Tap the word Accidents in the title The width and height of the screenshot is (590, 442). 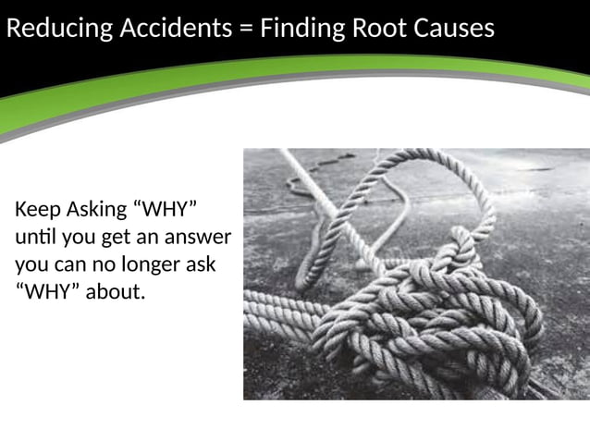pyautogui.click(x=175, y=30)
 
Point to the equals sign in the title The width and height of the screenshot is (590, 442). pyautogui.click(x=245, y=30)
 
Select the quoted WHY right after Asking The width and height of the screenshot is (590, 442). pyautogui.click(x=166, y=210)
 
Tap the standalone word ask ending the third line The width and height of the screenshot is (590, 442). pyautogui.click(x=202, y=264)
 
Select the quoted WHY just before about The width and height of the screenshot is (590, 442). pyautogui.click(x=47, y=292)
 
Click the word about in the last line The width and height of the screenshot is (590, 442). pyautogui.click(x=116, y=292)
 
